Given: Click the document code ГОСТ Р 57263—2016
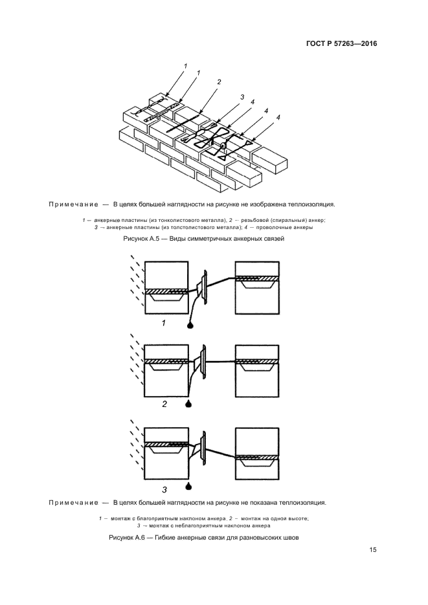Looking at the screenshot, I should coord(341,44).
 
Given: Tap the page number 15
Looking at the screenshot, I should coord(373,550).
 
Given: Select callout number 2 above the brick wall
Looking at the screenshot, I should coord(220,82).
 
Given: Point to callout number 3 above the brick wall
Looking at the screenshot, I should coord(242,97).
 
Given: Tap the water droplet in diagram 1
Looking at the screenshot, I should coord(189,325).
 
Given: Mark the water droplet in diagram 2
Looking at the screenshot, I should coord(188,404).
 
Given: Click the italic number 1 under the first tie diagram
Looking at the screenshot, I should coord(164,323).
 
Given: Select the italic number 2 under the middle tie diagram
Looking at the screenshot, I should coord(164,403).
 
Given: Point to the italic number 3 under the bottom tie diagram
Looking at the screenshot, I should coord(164,490).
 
